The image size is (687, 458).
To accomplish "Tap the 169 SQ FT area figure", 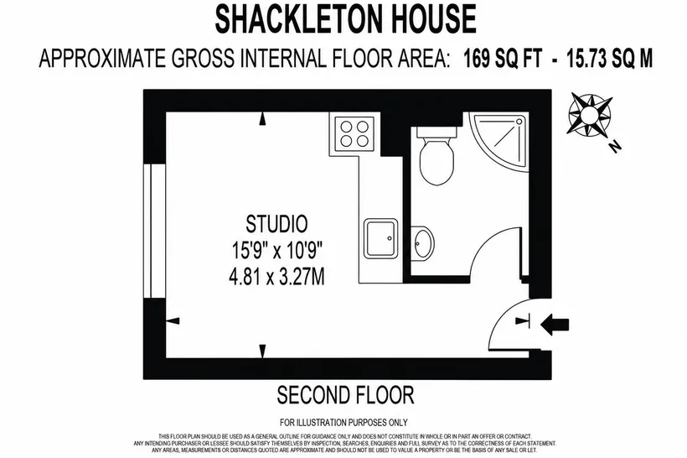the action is point(503,59).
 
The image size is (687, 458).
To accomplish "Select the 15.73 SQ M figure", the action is point(609,59).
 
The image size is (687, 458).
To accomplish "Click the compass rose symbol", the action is point(589,114).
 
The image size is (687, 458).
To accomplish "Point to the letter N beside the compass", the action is point(616,146).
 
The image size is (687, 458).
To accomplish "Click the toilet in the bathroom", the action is point(436,156).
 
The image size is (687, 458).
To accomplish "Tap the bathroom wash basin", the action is point(422,242).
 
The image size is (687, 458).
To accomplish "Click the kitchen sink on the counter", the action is point(380,238).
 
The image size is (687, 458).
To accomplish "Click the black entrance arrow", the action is point(555,325).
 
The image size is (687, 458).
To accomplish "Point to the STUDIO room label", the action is point(276,224).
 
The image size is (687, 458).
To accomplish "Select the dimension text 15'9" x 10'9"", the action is point(276,251).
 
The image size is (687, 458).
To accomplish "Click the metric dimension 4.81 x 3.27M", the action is point(276,278).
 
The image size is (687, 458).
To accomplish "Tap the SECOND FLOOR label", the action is point(345,395).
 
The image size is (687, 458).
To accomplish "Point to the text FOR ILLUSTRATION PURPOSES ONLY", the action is point(343,423).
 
